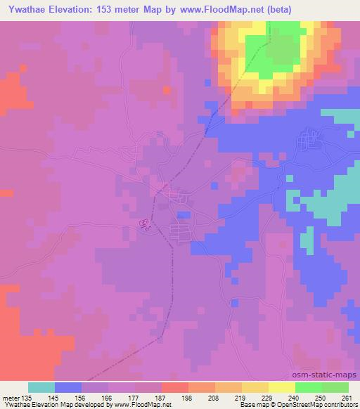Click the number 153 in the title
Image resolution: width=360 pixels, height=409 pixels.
click(x=107, y=10)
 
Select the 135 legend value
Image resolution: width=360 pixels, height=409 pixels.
click(x=27, y=397)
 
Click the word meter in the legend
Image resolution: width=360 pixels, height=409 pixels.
click(x=10, y=397)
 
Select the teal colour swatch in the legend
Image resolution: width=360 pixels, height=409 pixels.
click(x=41, y=387)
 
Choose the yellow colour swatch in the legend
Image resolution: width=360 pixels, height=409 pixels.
click(x=281, y=387)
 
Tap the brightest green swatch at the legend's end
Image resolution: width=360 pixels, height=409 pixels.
click(x=335, y=387)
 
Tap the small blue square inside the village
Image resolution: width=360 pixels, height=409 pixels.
click(x=184, y=215)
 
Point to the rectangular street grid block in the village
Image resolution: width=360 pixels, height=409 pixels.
click(x=181, y=231)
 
